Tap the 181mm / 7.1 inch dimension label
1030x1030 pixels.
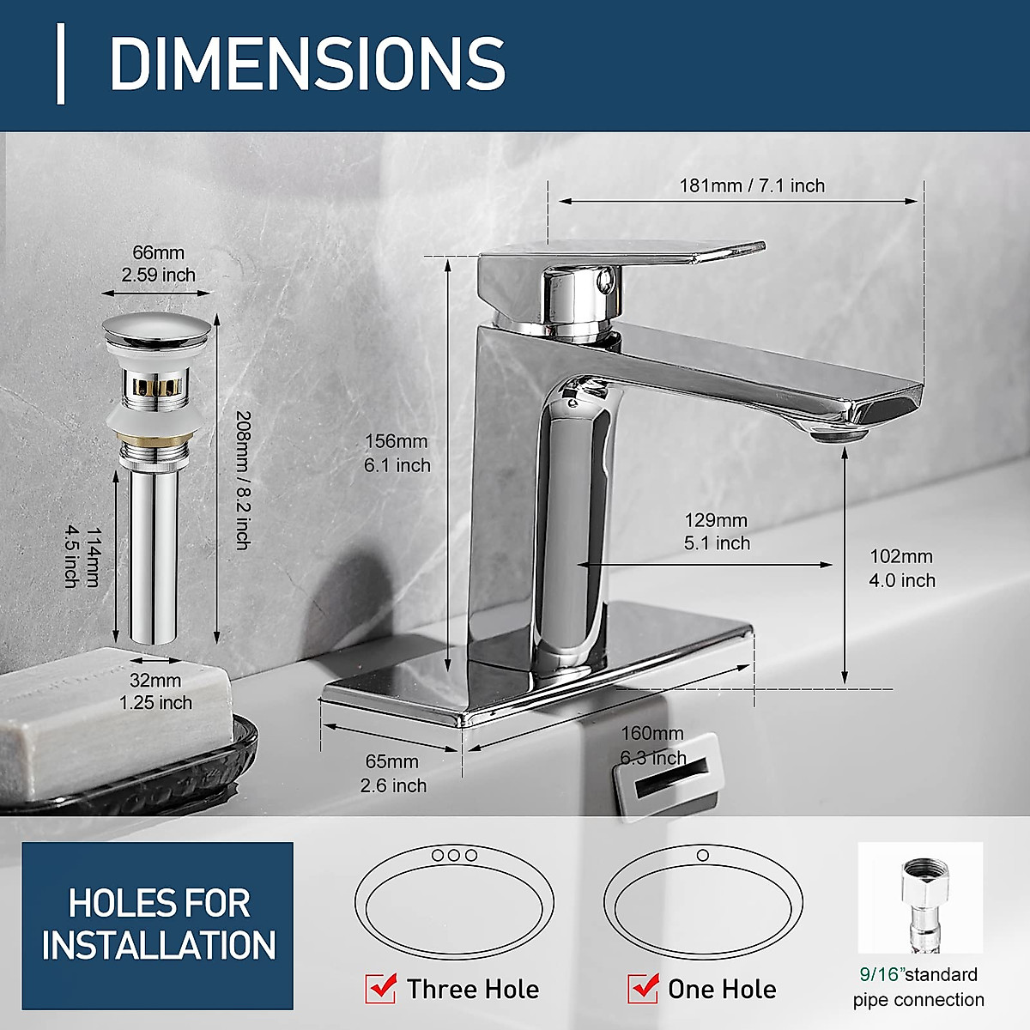(752, 185)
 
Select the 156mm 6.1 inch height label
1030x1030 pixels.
(397, 452)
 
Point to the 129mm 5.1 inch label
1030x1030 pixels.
(717, 531)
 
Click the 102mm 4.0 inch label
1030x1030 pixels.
(901, 568)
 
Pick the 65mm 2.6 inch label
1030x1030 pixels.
(392, 773)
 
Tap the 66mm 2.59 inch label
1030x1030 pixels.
(158, 264)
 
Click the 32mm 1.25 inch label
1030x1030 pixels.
(156, 691)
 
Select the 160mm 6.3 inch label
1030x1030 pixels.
(653, 745)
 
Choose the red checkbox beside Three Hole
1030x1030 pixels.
(380, 989)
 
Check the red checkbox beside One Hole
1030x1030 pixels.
(643, 989)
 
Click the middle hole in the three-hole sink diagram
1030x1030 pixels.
(454, 855)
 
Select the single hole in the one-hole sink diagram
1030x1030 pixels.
(702, 855)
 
